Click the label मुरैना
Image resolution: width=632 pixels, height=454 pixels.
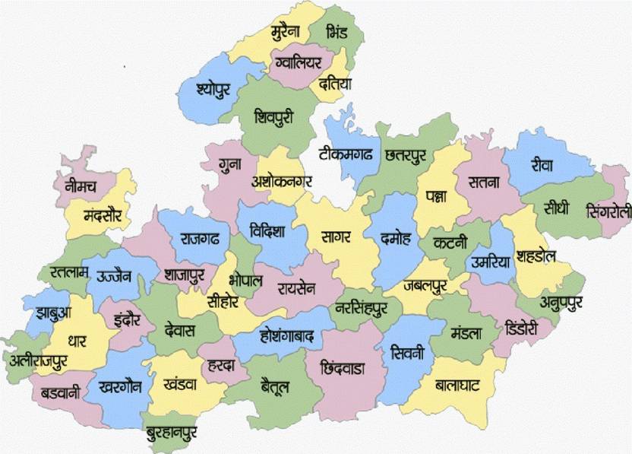pyautogui.click(x=286, y=32)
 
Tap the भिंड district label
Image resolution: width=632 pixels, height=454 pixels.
pyautogui.click(x=335, y=33)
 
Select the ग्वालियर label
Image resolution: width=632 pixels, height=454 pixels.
pyautogui.click(x=300, y=62)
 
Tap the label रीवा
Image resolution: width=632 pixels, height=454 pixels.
pyautogui.click(x=542, y=164)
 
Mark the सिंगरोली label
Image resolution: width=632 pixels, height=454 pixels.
pyautogui.click(x=608, y=211)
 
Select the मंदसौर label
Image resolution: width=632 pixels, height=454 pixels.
pyautogui.click(x=103, y=213)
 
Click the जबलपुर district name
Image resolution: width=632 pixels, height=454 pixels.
pyautogui.click(x=425, y=286)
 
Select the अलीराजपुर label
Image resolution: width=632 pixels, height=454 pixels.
pyautogui.click(x=45, y=363)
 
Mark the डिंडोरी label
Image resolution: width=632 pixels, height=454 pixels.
pyautogui.click(x=521, y=328)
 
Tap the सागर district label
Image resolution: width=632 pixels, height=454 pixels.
pyautogui.click(x=335, y=237)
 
